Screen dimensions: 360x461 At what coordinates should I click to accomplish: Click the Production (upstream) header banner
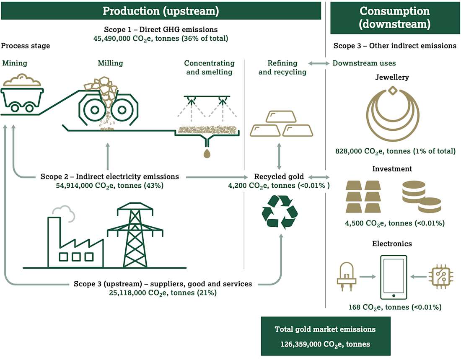161,10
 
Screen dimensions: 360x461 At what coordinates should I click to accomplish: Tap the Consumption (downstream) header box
394,17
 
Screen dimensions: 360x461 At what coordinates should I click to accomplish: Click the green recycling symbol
280,212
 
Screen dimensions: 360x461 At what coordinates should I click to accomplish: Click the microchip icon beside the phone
438,277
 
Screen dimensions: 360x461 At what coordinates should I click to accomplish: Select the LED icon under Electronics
346,277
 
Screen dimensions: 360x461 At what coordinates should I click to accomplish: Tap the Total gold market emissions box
325,336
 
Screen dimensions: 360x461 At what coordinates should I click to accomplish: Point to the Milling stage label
110,63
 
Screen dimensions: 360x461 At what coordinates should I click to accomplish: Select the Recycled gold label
279,176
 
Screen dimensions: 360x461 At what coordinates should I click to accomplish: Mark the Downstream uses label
364,63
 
